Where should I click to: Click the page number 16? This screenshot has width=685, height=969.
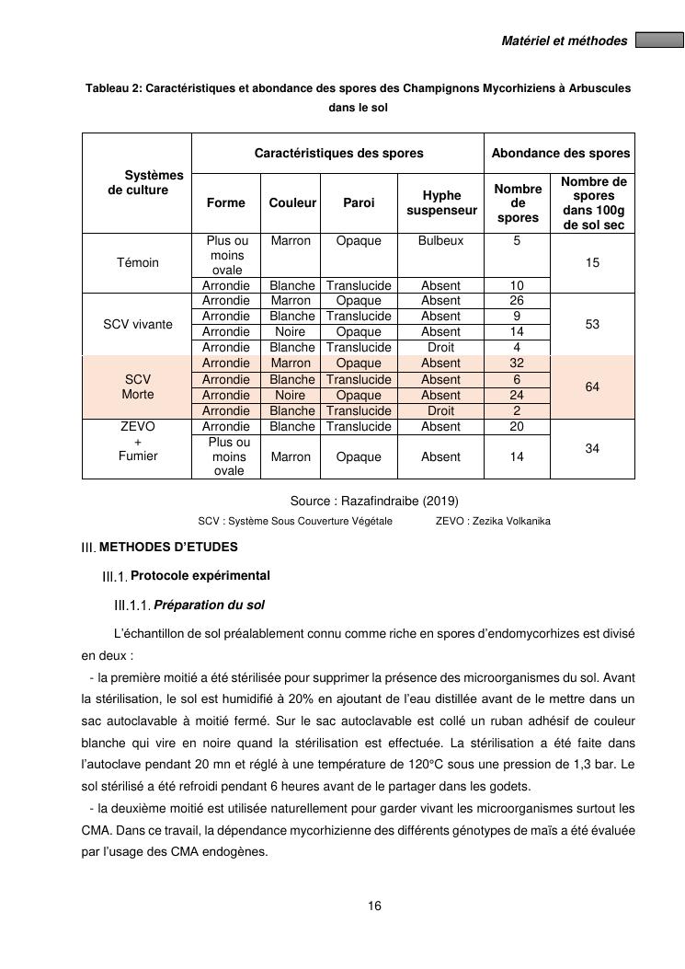pyautogui.click(x=374, y=906)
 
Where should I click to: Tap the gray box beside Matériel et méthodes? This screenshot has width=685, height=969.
pyautogui.click(x=659, y=40)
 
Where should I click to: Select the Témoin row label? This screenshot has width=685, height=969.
pyautogui.click(x=137, y=262)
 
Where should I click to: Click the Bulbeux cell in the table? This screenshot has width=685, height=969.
pyautogui.click(x=440, y=241)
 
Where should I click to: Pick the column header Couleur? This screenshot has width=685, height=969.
pyautogui.click(x=292, y=203)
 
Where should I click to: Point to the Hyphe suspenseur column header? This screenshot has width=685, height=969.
pyautogui.click(x=441, y=203)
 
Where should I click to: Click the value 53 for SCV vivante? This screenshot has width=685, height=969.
pyautogui.click(x=592, y=324)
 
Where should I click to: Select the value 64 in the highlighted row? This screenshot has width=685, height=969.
pyautogui.click(x=592, y=387)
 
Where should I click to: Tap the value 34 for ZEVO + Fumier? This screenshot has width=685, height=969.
pyautogui.click(x=592, y=449)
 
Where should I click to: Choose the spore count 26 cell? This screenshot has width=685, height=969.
pyautogui.click(x=517, y=301)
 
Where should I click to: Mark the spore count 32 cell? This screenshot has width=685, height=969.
pyautogui.click(x=517, y=363)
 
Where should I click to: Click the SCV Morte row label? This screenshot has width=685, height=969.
pyautogui.click(x=137, y=386)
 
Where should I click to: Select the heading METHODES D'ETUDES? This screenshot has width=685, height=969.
pyautogui.click(x=168, y=547)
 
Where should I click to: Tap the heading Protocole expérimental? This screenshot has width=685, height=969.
pyautogui.click(x=200, y=576)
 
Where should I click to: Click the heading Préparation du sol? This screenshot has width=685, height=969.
pyautogui.click(x=210, y=606)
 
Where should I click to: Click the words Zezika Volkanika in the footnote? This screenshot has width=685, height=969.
pyautogui.click(x=511, y=521)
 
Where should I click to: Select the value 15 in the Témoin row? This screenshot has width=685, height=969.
pyautogui.click(x=592, y=262)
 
